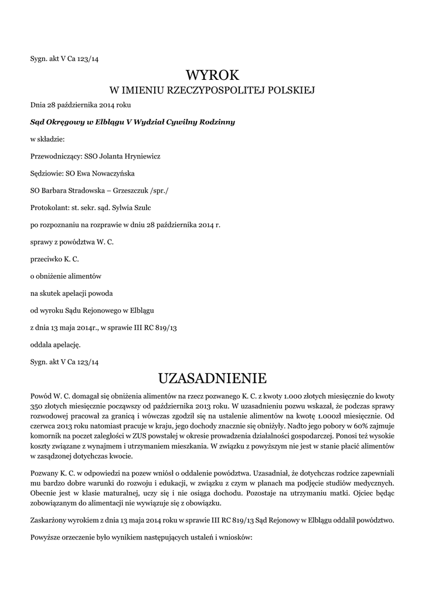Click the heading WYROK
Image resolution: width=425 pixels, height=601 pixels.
212,75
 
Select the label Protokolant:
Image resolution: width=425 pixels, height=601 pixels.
49,208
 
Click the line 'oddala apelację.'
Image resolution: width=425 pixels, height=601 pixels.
56,344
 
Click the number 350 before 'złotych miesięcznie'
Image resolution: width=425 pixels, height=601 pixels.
37,405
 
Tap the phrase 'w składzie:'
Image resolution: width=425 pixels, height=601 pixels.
48,140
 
